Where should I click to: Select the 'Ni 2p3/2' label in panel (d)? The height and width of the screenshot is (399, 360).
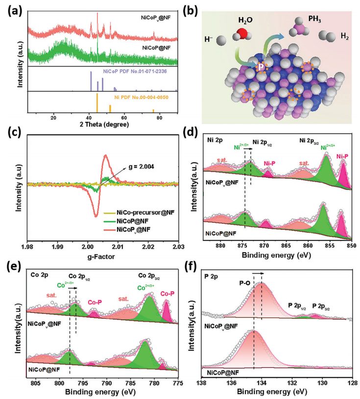click(312, 140)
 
